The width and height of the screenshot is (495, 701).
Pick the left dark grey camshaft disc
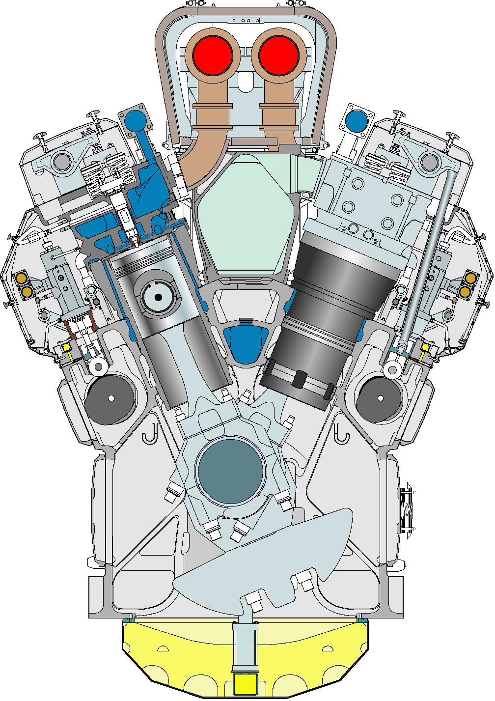point(110,397)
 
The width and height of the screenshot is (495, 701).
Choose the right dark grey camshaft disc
point(381,397)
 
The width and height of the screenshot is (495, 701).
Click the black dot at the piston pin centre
point(158,297)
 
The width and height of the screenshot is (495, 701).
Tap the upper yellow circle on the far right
point(470,279)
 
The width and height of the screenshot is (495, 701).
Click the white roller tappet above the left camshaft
point(98,366)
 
